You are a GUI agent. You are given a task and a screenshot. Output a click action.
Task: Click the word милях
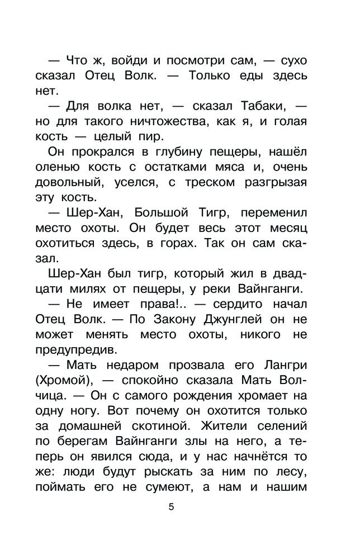[96, 288]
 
